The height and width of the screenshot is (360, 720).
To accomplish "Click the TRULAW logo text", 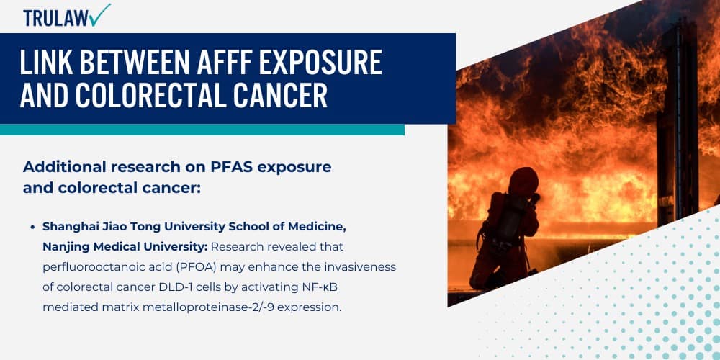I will click(54, 17).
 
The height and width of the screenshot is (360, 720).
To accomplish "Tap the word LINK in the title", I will click(45, 64).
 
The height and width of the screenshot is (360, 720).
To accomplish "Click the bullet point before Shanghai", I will click(33, 227).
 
